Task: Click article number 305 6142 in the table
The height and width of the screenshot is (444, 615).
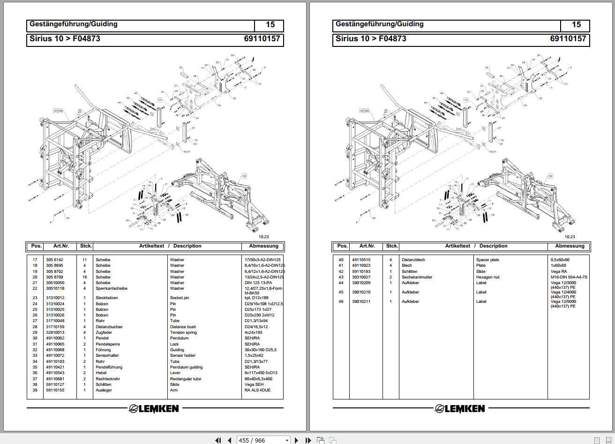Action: click(x=54, y=260)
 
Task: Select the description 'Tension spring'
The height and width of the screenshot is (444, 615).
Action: click(x=183, y=332)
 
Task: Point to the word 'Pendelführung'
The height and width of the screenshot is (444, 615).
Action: click(x=109, y=367)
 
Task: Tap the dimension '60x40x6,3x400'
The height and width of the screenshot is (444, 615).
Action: click(x=258, y=379)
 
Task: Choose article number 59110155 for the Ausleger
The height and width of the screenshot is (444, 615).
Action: click(x=55, y=390)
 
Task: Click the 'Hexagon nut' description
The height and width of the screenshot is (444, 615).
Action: click(x=488, y=277)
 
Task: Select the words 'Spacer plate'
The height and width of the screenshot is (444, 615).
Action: click(x=487, y=260)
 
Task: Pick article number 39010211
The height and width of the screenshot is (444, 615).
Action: click(x=361, y=301)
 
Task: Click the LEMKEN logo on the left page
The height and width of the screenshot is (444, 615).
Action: click(x=154, y=409)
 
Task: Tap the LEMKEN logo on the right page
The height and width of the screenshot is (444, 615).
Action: click(x=460, y=409)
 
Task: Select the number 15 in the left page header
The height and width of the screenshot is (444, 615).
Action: click(x=270, y=25)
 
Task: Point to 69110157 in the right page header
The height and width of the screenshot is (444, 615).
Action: click(x=568, y=39)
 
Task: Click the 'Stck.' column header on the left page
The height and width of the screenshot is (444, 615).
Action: click(x=86, y=246)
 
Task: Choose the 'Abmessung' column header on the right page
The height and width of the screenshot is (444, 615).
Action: click(x=570, y=246)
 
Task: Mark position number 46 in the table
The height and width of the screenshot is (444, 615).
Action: click(x=341, y=301)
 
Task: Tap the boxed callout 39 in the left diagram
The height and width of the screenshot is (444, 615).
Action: click(x=244, y=176)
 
